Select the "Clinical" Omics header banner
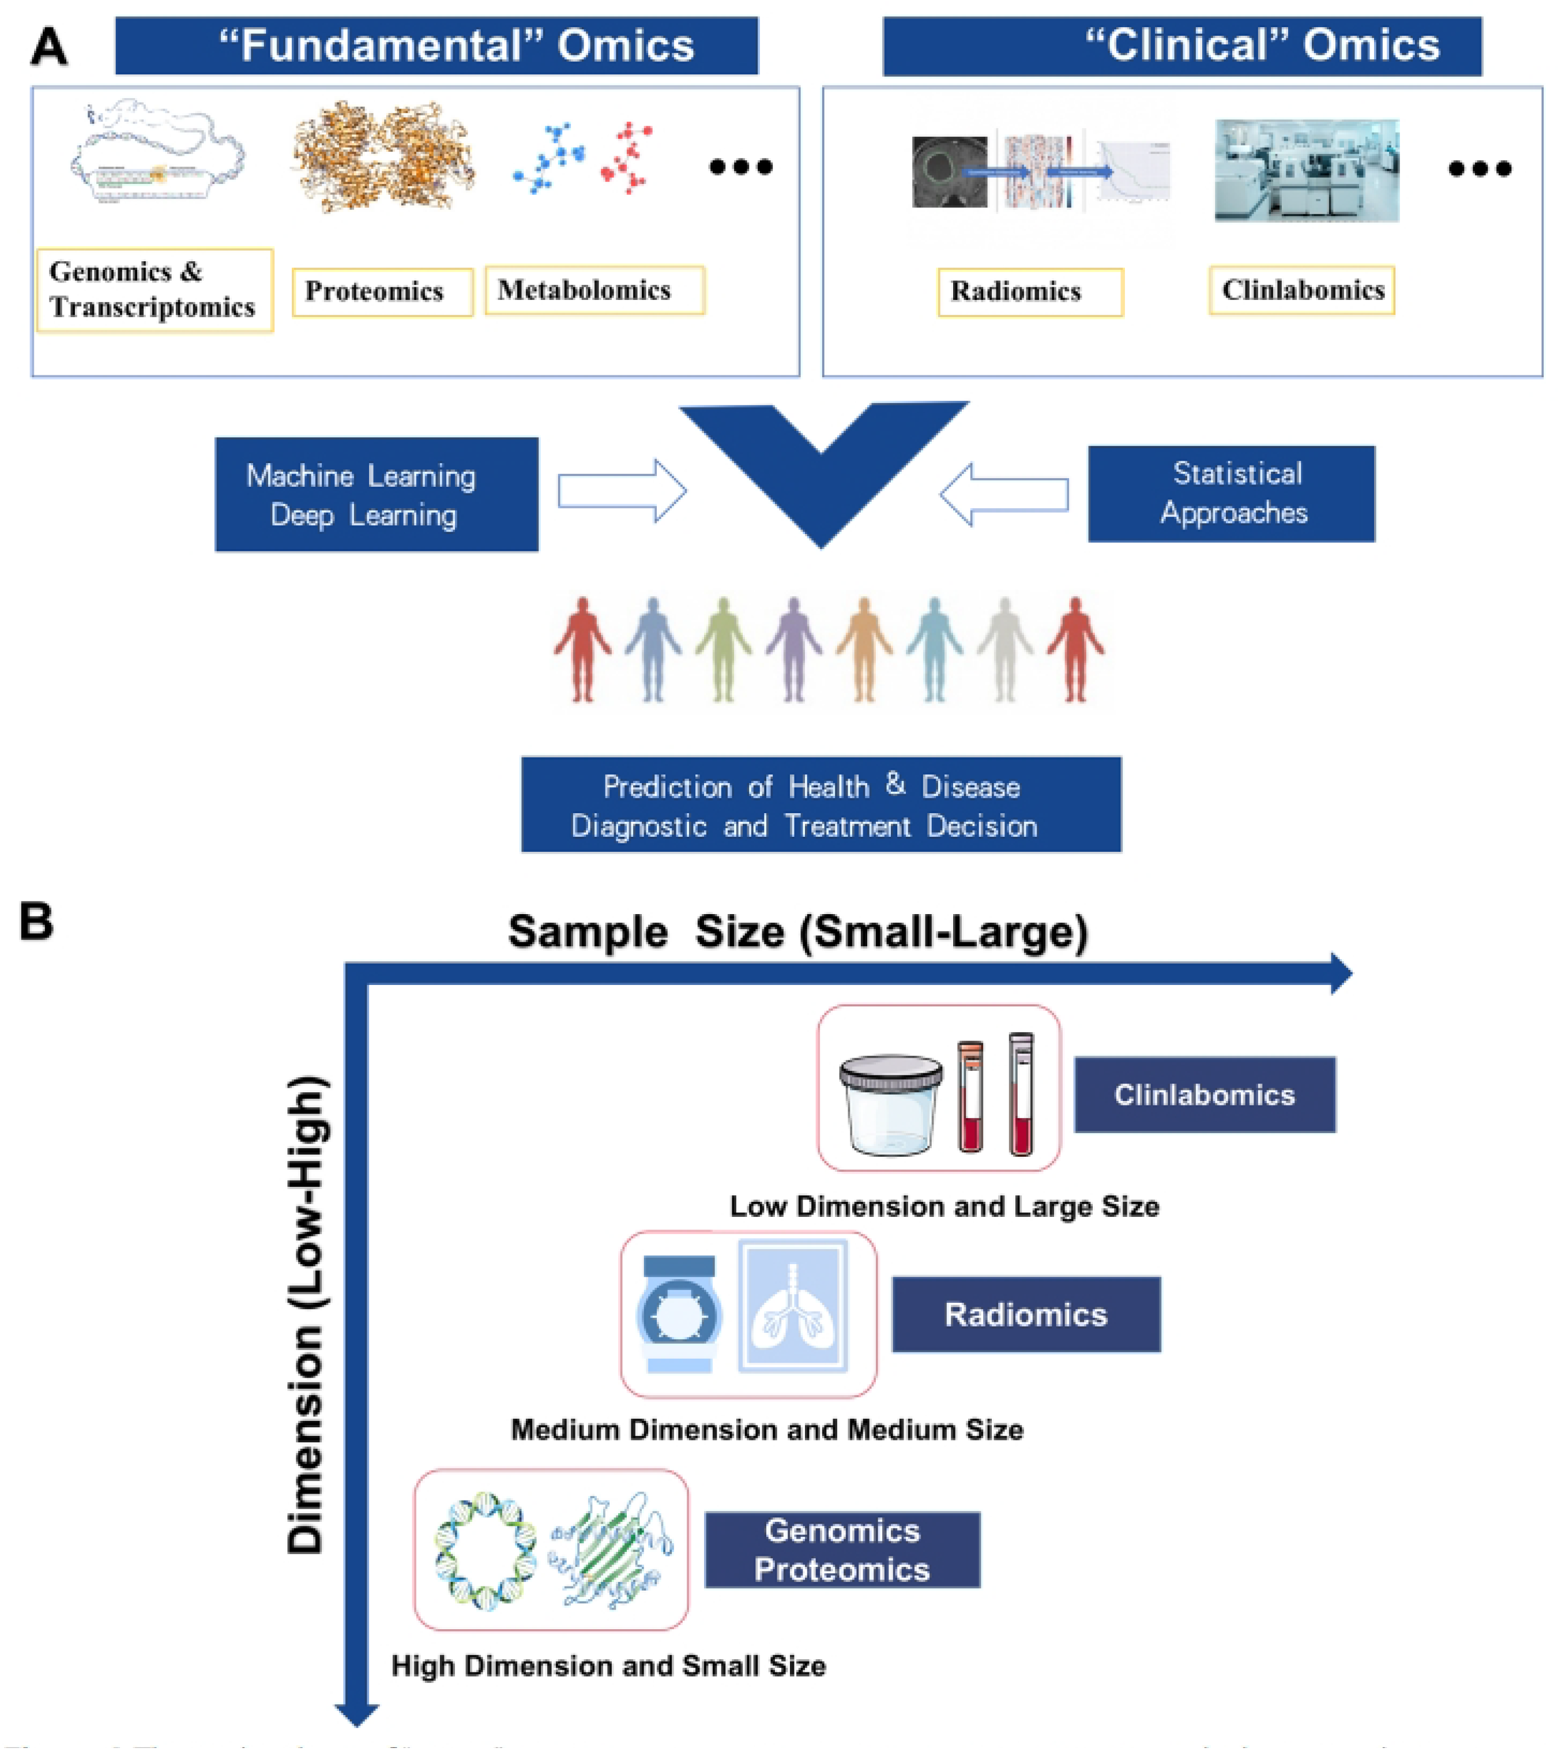tap(1182, 46)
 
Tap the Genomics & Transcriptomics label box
tap(155, 290)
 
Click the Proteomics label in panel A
tap(382, 291)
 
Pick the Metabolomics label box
tap(594, 291)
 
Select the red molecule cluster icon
tap(628, 157)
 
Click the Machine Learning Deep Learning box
tap(376, 495)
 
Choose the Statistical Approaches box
tap(1230, 493)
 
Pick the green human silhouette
tap(723, 649)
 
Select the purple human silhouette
tap(793, 649)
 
